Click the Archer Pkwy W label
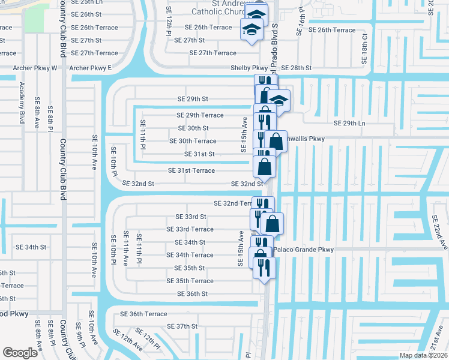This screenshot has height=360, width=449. [x=35, y=68]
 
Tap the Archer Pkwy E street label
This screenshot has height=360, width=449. [x=91, y=68]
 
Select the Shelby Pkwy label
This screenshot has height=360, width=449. [x=249, y=68]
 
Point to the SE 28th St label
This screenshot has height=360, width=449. [x=297, y=68]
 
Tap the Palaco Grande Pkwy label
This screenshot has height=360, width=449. [x=303, y=250]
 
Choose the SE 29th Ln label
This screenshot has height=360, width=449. [x=349, y=123]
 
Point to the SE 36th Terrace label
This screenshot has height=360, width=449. [x=143, y=314]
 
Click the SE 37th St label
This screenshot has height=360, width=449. [x=182, y=326]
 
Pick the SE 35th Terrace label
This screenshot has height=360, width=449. [x=190, y=281]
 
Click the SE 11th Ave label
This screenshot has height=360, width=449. [x=126, y=249]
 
